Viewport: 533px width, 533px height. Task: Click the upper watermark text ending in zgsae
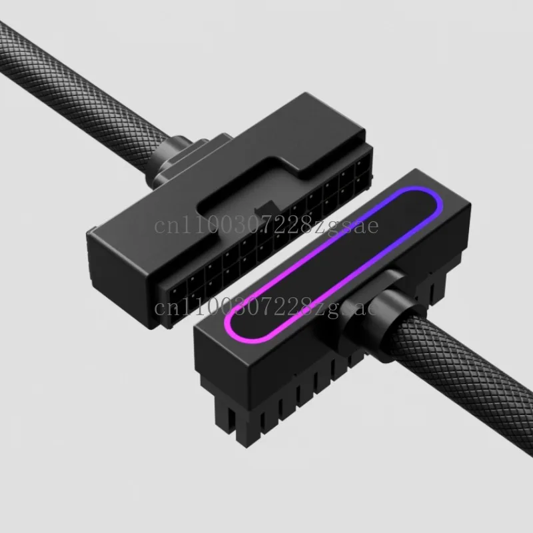[x=266, y=226]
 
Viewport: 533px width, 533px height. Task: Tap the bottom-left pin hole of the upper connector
[x=175, y=318]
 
